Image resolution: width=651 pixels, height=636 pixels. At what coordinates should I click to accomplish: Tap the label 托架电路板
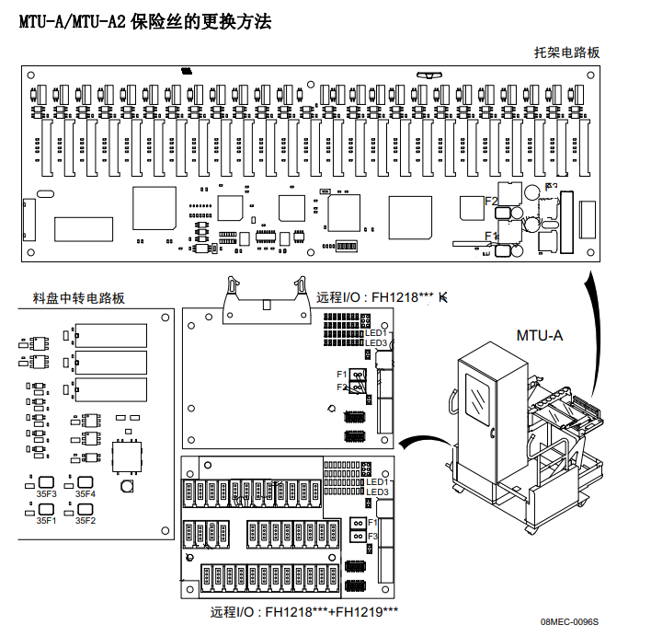[567, 52]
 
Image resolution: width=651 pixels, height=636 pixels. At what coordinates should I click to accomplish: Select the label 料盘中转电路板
[78, 297]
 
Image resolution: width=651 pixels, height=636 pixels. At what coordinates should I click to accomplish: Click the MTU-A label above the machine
[540, 335]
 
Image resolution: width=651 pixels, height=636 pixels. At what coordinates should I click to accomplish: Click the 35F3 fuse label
[46, 494]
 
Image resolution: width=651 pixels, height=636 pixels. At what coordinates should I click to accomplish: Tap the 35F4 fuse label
[86, 494]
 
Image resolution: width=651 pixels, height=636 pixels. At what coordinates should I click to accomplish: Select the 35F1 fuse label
[46, 520]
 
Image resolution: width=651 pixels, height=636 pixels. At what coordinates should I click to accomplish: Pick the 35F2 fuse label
[86, 520]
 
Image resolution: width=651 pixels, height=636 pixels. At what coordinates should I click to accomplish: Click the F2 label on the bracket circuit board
[491, 201]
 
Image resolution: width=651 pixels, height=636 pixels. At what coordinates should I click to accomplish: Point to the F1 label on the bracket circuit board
[491, 236]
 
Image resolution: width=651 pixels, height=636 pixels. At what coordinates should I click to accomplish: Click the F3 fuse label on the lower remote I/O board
[372, 536]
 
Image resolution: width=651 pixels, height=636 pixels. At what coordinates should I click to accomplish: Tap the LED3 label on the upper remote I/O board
[377, 343]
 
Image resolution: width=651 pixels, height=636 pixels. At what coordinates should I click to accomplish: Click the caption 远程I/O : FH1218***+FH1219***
[304, 612]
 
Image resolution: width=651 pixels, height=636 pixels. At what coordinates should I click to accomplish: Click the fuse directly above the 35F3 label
[46, 481]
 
